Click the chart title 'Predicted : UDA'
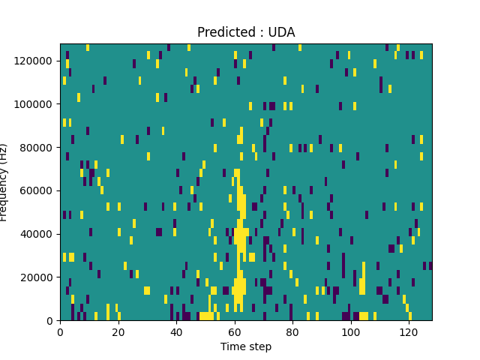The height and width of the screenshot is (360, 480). click(246, 32)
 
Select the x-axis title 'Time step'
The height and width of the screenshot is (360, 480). click(246, 346)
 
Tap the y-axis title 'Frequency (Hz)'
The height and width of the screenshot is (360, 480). click(4, 182)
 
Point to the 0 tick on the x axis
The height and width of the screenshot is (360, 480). click(60, 331)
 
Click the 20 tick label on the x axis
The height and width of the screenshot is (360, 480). click(118, 331)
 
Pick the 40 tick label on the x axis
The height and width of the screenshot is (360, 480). click(176, 331)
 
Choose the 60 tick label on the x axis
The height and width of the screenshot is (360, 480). click(235, 331)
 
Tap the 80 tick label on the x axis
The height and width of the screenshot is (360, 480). click(292, 331)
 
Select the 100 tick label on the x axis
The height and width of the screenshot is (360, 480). click(351, 331)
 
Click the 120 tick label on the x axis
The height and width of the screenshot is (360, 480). click(409, 331)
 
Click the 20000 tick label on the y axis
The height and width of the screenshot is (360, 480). click(38, 277)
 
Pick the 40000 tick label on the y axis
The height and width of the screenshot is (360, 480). click(38, 234)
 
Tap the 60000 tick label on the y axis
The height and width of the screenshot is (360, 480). click(38, 190)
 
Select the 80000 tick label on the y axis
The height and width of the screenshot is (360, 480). click(38, 147)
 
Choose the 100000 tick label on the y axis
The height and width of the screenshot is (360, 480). click(36, 103)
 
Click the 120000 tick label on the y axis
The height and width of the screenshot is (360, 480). click(36, 60)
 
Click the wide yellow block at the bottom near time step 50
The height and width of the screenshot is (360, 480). click(206, 316)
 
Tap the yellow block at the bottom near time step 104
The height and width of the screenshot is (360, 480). click(364, 316)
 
